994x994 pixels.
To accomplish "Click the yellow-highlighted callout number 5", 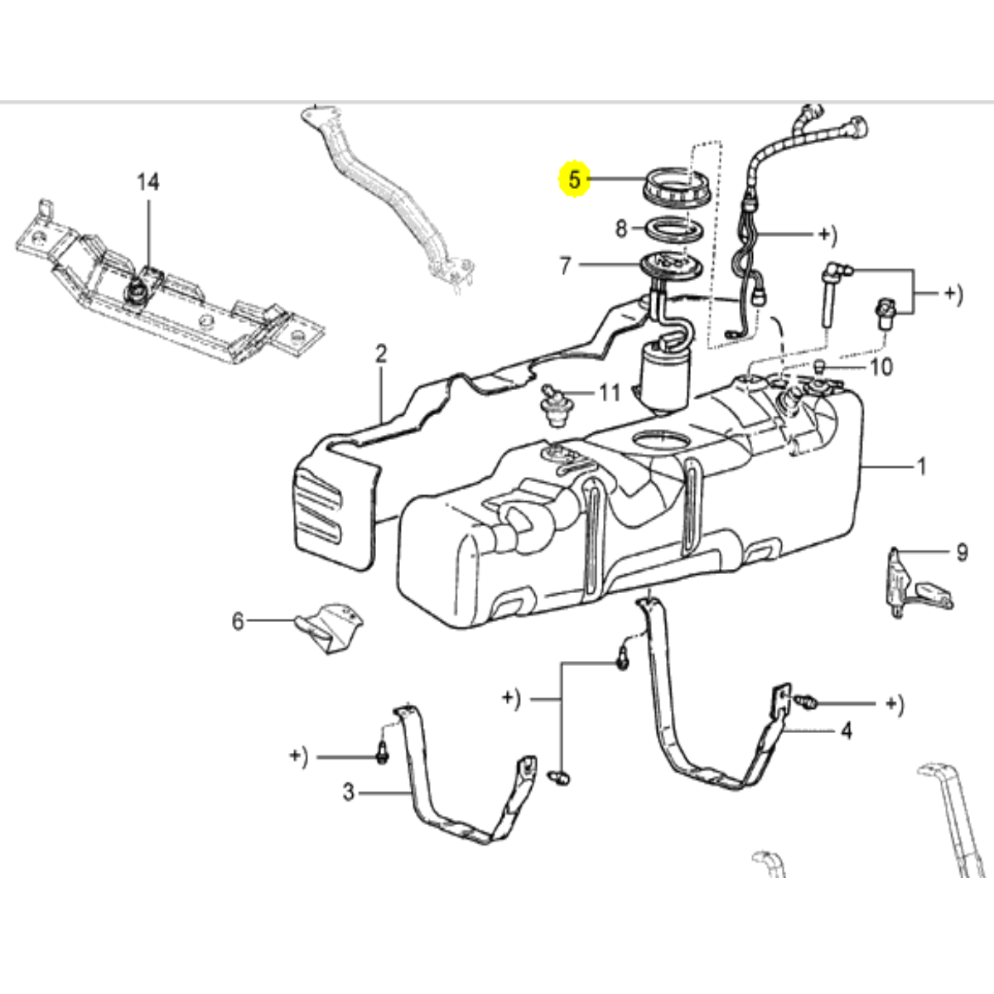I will (x=573, y=177).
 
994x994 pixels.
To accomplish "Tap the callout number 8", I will (x=622, y=228).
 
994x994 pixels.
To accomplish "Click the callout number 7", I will (x=566, y=266).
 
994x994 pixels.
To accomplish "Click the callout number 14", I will (x=147, y=181).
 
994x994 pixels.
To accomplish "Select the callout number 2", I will (x=381, y=355).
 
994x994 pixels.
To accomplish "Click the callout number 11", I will (x=610, y=392).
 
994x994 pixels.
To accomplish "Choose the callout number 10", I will (x=881, y=366).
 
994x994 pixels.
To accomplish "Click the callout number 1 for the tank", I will (x=921, y=467).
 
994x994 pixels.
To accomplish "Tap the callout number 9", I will (x=962, y=552).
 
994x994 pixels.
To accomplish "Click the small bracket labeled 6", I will (x=331, y=625).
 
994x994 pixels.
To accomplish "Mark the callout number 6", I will (x=238, y=620).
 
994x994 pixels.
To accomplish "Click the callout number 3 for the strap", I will (x=349, y=793).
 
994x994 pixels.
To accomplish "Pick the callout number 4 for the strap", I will (x=846, y=731).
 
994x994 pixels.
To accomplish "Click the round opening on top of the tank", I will (x=660, y=441).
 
